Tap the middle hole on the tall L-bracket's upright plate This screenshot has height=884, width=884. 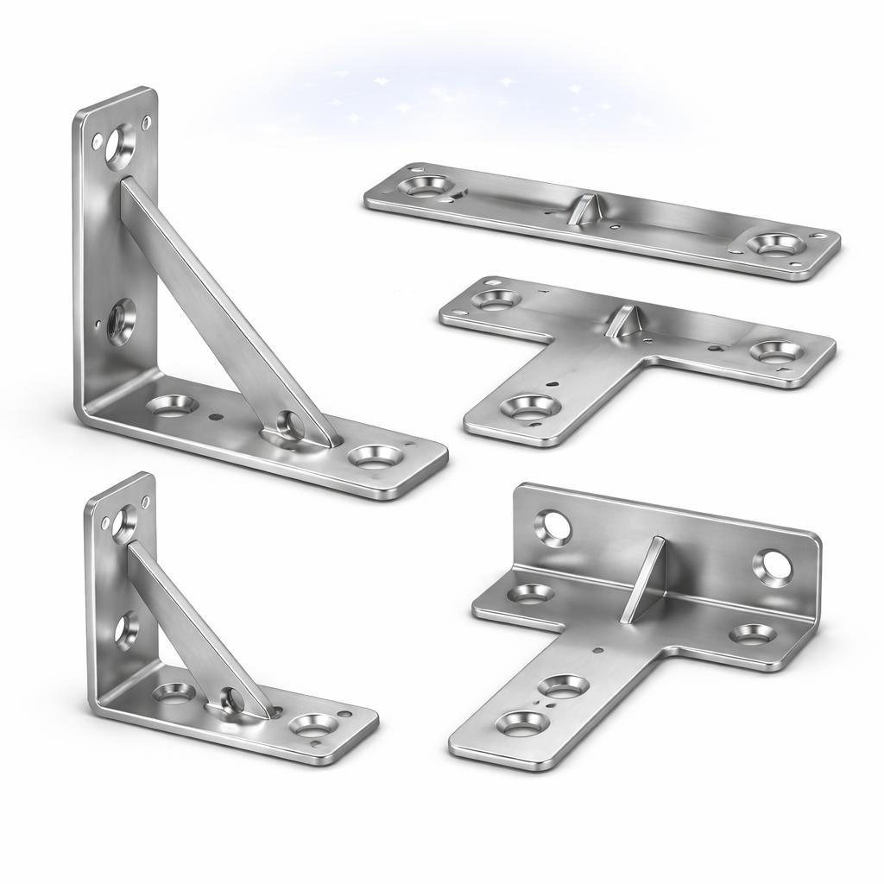(x=121, y=320)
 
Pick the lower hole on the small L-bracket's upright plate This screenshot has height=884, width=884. (x=126, y=629)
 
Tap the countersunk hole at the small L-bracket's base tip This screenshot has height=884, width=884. (x=311, y=723)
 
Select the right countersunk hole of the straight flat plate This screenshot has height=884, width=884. (x=773, y=243)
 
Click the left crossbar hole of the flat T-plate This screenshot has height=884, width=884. (x=495, y=300)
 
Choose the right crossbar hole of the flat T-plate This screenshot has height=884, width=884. (x=774, y=350)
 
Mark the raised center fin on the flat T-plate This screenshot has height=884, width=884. (x=622, y=321)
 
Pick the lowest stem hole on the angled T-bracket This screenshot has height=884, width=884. (x=522, y=723)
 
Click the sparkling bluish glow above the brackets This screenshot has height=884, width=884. (x=458, y=95)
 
